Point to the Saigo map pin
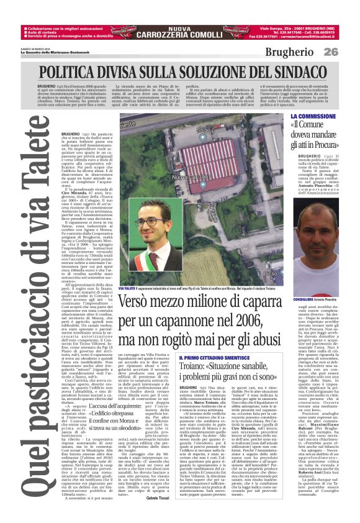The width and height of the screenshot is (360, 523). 202,129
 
